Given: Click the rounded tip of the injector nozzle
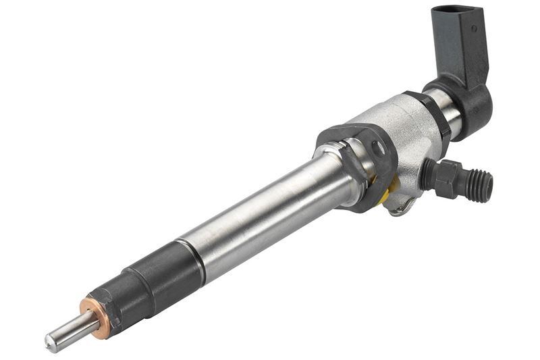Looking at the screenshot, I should click(51, 342).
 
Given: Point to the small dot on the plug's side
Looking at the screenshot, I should click(473, 28).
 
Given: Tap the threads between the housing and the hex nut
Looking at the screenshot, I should click(427, 174).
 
